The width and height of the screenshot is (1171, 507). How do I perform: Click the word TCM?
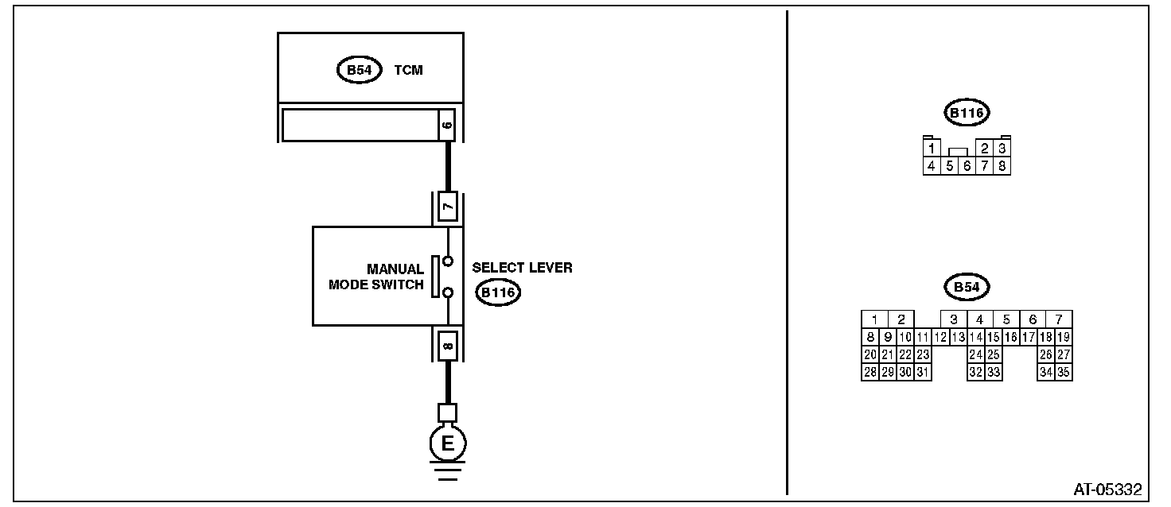(x=408, y=71)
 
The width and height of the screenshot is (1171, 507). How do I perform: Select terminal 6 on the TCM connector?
(x=446, y=126)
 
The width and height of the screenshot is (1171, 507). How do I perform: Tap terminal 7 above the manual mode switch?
(x=448, y=208)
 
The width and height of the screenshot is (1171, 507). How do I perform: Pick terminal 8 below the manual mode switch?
(x=448, y=345)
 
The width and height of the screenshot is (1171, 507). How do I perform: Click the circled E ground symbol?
(x=448, y=443)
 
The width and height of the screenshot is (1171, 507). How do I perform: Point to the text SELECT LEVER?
(x=522, y=268)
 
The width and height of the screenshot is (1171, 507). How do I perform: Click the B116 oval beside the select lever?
(x=497, y=293)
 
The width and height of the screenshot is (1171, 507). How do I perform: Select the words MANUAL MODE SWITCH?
(x=376, y=277)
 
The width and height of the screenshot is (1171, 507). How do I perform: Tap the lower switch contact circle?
(x=448, y=293)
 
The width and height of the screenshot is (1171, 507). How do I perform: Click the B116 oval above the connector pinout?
(x=967, y=114)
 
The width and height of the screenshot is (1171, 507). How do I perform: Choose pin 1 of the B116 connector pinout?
(x=931, y=149)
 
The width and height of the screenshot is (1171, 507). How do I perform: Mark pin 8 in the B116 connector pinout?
(x=1002, y=166)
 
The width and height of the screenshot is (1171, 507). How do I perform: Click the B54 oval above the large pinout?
(x=967, y=287)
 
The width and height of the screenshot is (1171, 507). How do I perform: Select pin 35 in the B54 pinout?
(x=1063, y=372)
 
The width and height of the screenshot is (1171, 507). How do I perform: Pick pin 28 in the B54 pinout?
(x=870, y=372)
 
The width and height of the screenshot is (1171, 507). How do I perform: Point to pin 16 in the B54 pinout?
(x=1010, y=337)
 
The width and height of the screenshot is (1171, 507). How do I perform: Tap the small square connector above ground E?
(x=448, y=412)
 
